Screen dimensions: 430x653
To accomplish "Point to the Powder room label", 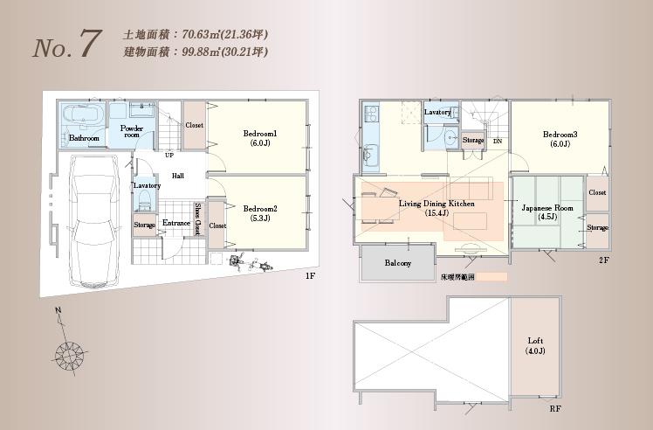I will pos(132,130).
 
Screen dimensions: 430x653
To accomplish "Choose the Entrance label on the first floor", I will pos(175,224).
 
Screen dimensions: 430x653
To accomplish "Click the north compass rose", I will pos(68,354).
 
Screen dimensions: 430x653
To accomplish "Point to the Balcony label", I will pos(397,263).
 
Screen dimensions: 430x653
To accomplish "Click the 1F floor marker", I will pos(310,275).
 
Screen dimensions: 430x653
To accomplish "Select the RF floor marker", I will pos(555,408).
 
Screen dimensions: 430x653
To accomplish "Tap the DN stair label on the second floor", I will pos(497,141).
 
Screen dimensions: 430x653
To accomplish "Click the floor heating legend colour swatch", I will pos(491,277).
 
